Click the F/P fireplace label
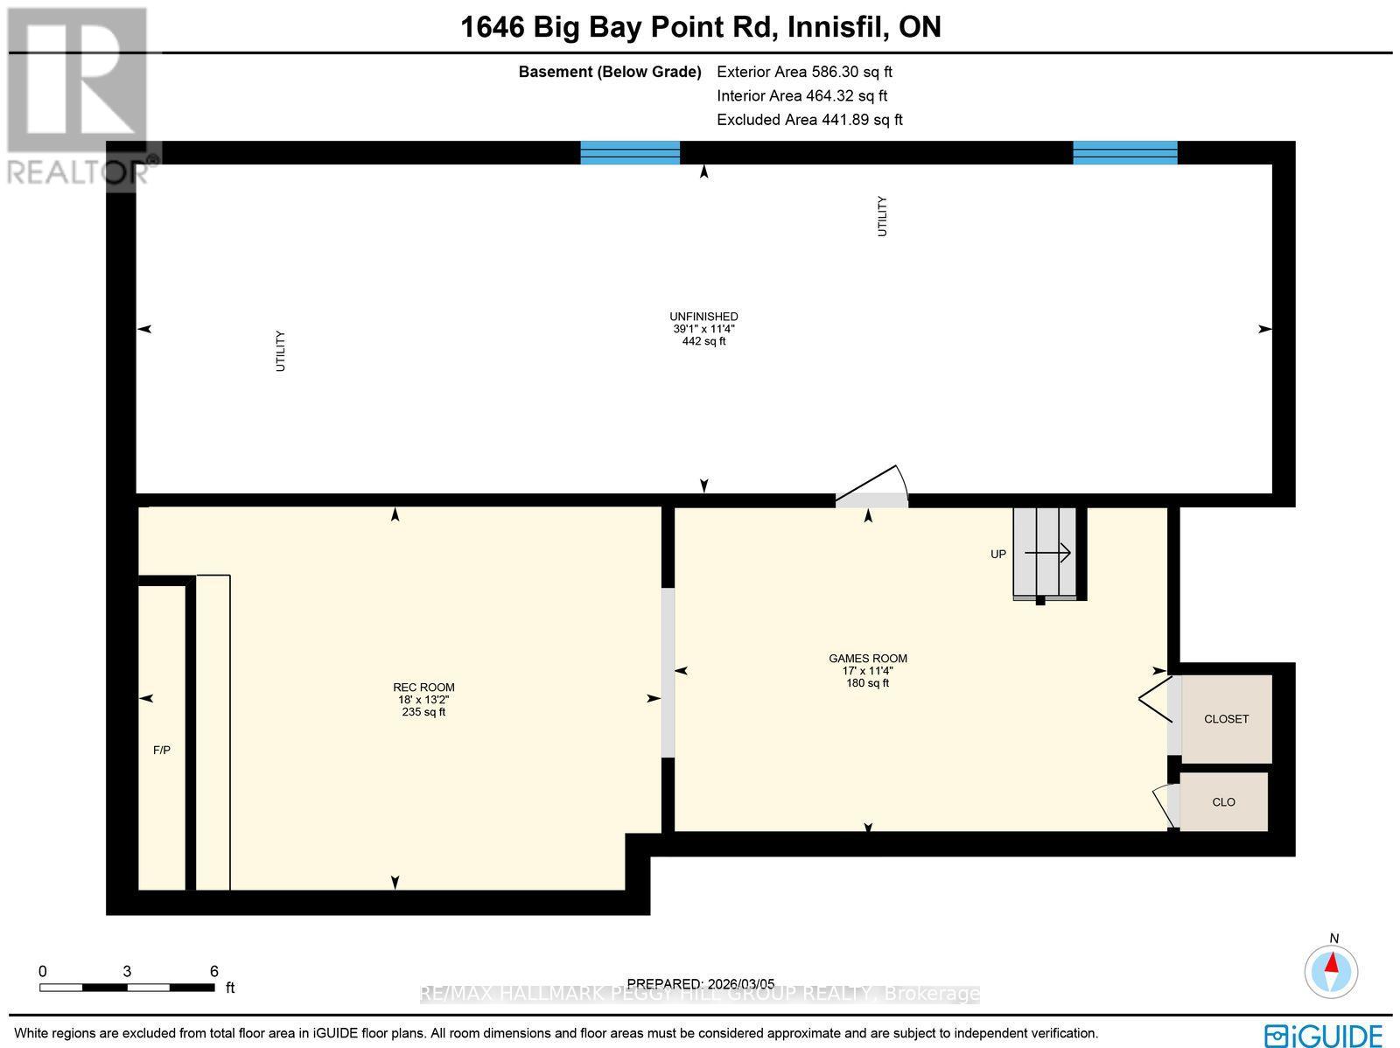pyautogui.click(x=161, y=751)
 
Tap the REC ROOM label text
pyautogui.click(x=423, y=688)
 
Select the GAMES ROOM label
pyautogui.click(x=868, y=659)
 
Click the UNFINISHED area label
pyautogui.click(x=703, y=317)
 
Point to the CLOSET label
pyautogui.click(x=1226, y=719)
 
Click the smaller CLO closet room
pyautogui.click(x=1223, y=801)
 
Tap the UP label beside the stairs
pyautogui.click(x=998, y=554)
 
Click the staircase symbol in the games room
pyautogui.click(x=1047, y=553)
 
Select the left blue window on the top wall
pyautogui.click(x=630, y=152)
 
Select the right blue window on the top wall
pyautogui.click(x=1125, y=152)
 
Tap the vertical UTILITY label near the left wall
pyautogui.click(x=281, y=351)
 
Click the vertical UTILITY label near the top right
pyautogui.click(x=882, y=216)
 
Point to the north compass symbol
pyautogui.click(x=1332, y=970)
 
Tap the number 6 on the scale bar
pyautogui.click(x=213, y=971)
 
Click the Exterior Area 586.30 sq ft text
pyautogui.click(x=804, y=73)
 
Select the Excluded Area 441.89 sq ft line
pyautogui.click(x=809, y=120)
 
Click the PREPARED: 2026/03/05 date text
pyautogui.click(x=701, y=984)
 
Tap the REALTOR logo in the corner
pyautogui.click(x=79, y=96)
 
